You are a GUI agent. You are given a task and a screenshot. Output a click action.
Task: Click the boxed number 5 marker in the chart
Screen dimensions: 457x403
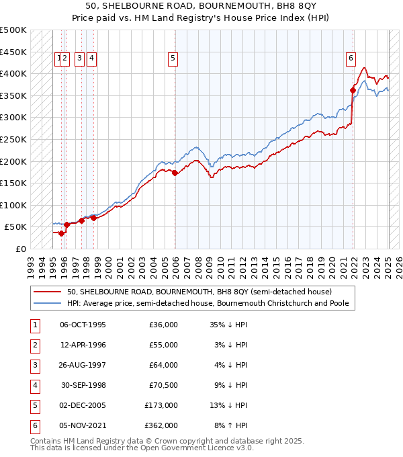[x=173, y=58]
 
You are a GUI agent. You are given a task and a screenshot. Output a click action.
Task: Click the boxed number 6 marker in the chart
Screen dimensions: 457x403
[x=351, y=58]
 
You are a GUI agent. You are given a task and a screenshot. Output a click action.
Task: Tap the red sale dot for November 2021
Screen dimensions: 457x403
[x=353, y=89]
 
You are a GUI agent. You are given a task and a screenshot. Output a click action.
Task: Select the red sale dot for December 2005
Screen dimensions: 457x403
[x=175, y=173]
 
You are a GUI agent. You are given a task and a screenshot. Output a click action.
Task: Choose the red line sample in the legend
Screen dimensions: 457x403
[x=47, y=292]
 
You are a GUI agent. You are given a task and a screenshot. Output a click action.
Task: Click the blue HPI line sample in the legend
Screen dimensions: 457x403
[x=47, y=303]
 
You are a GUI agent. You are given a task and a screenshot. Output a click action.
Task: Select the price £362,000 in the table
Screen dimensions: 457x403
[x=161, y=425]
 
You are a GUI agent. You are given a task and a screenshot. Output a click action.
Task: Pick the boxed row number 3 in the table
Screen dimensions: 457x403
[x=34, y=365]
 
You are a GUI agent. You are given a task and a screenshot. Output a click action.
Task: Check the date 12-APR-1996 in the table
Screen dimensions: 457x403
[x=83, y=345]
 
